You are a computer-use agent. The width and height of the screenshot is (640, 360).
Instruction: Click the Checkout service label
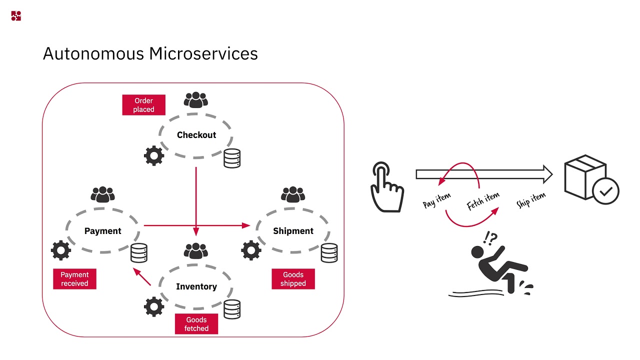[x=196, y=135]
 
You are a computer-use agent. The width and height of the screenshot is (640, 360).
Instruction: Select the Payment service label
[x=102, y=231]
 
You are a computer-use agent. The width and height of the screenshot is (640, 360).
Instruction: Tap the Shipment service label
[x=293, y=231]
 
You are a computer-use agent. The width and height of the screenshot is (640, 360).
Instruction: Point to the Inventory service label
[x=196, y=286]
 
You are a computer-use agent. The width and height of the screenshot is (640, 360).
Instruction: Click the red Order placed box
[x=143, y=105]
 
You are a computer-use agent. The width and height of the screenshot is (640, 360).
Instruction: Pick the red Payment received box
[x=74, y=279]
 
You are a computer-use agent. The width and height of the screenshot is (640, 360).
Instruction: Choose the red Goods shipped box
[x=293, y=279]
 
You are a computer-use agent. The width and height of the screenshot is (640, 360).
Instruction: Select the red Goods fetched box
[x=196, y=324]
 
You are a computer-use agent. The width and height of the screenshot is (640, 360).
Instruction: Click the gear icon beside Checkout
[x=154, y=156]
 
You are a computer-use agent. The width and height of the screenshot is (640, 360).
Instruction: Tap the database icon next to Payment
[x=139, y=253]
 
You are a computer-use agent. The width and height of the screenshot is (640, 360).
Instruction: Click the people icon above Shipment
[x=293, y=194]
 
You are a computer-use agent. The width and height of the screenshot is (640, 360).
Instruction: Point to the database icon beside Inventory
[x=232, y=309]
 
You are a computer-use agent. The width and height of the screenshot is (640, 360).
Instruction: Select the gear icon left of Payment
[x=61, y=250]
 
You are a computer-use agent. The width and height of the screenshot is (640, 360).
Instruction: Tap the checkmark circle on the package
[x=605, y=191]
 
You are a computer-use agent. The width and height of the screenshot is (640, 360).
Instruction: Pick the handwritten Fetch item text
[x=482, y=201]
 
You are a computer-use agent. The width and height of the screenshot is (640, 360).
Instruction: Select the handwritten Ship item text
[x=530, y=199]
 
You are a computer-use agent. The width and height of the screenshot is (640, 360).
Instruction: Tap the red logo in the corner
[x=16, y=16]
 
